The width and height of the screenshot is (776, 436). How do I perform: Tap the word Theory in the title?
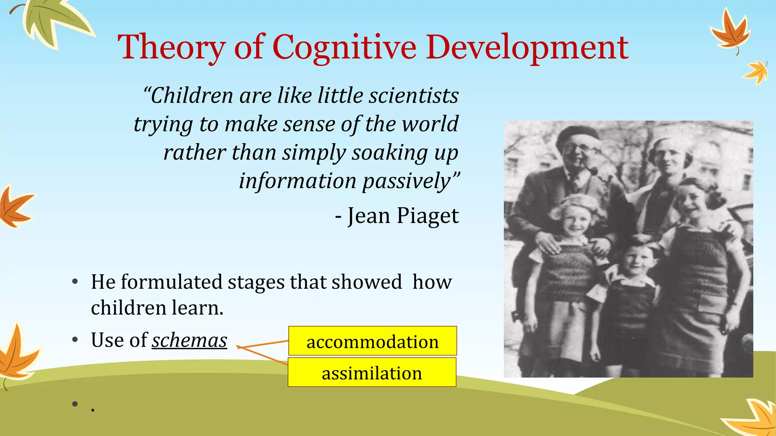172,47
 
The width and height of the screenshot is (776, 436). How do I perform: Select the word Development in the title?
527,47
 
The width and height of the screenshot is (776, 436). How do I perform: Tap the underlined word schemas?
189,340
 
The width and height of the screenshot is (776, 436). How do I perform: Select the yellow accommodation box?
372,341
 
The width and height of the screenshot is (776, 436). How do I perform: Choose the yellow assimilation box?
372,372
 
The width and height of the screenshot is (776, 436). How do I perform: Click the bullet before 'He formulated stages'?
75,282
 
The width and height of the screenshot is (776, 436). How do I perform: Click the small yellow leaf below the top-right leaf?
756,72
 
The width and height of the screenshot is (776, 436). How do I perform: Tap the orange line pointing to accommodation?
264,344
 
